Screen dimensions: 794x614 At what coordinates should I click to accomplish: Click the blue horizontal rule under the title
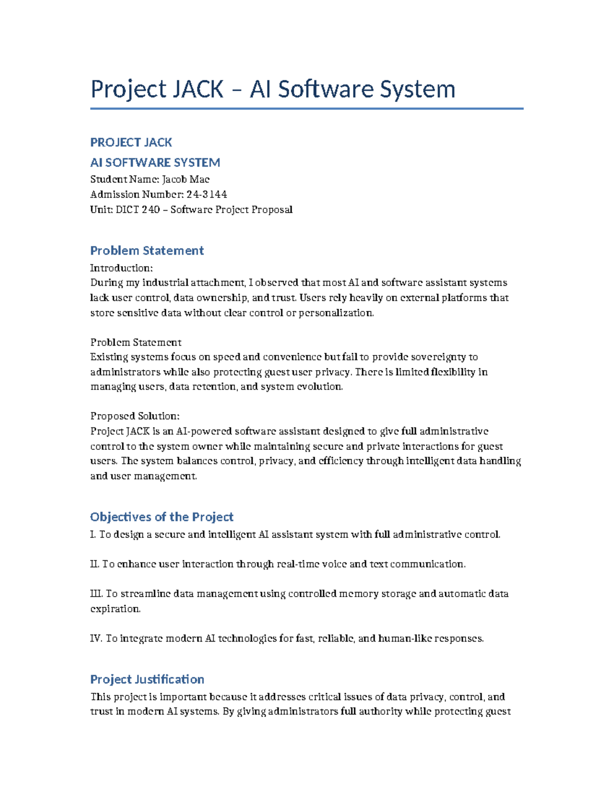tap(307, 108)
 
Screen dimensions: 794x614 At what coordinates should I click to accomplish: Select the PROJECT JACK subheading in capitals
tap(131, 142)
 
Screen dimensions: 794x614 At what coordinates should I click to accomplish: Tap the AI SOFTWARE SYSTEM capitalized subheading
tap(155, 163)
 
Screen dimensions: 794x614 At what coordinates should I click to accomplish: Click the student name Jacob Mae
tap(186, 179)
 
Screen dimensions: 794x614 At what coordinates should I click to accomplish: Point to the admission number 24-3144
tap(207, 194)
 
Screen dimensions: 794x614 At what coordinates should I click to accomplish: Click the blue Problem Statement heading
tap(147, 251)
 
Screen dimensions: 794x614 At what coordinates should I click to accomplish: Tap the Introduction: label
tap(121, 268)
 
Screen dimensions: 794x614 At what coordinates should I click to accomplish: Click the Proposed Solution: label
tap(135, 416)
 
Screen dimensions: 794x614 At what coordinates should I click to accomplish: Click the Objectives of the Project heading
tap(162, 517)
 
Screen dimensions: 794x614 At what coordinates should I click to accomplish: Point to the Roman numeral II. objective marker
tap(94, 564)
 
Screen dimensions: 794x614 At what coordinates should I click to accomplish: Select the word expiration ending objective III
tap(115, 609)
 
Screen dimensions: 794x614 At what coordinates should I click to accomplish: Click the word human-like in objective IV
tap(404, 639)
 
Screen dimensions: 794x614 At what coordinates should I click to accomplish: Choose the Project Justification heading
tap(147, 679)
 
